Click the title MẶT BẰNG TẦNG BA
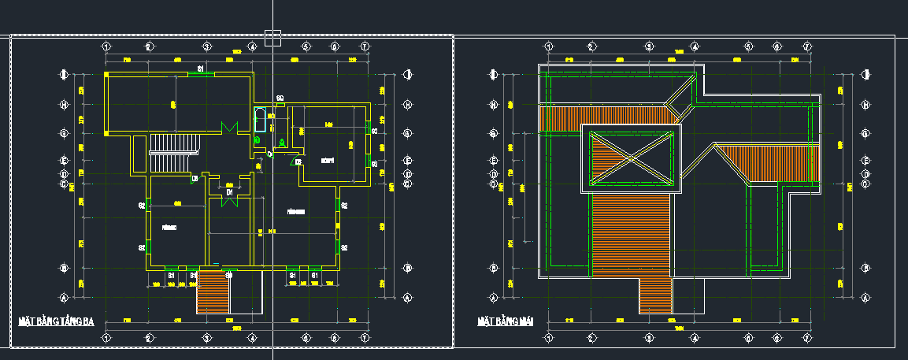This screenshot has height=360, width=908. (x=56, y=321)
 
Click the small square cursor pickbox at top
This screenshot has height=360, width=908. (x=272, y=38)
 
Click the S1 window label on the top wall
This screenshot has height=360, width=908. (x=201, y=69)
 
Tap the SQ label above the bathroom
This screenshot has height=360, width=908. (x=280, y=98)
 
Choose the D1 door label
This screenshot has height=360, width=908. (x=229, y=191)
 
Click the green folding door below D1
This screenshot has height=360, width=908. (x=229, y=200)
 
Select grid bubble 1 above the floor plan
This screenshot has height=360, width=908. (x=106, y=46)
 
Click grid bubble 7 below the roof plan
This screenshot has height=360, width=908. (x=806, y=338)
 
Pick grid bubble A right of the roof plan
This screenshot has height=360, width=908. (x=865, y=298)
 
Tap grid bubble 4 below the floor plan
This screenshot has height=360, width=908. (x=253, y=338)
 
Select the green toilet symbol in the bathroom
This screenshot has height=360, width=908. (x=258, y=140)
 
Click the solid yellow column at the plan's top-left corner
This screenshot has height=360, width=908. (x=106, y=75)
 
